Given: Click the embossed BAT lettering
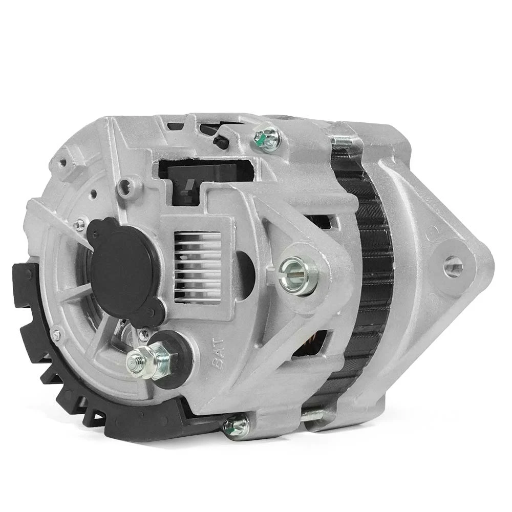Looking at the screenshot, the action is click(x=218, y=353).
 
